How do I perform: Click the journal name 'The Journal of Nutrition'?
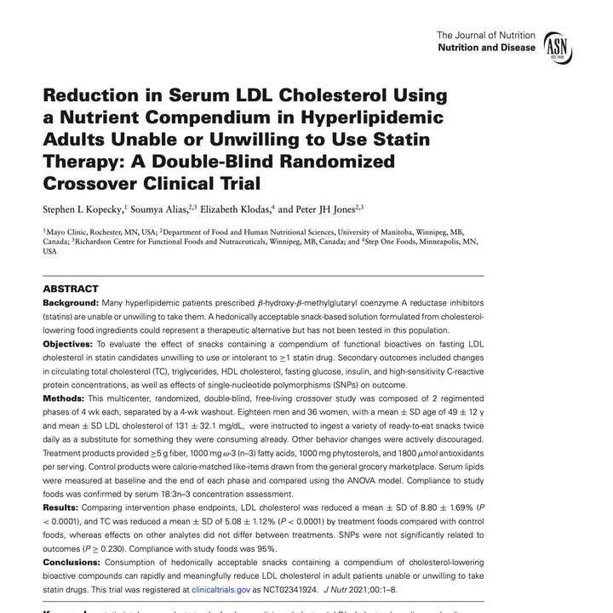[x=486, y=35]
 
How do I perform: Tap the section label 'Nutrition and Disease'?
[x=486, y=48]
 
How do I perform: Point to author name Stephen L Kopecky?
[x=82, y=209]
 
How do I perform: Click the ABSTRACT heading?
[x=71, y=289]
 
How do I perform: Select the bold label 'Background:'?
[x=71, y=303]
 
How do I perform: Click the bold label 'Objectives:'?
[x=70, y=343]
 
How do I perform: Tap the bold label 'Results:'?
[x=61, y=507]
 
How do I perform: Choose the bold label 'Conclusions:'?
[x=74, y=562]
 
